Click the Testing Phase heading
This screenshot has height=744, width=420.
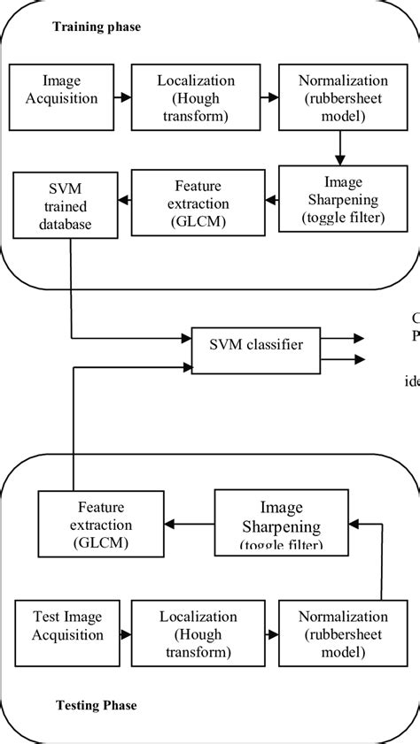(x=97, y=705)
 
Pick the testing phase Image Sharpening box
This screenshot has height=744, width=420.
(x=281, y=522)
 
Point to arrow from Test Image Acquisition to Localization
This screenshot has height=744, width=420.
(x=118, y=633)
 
